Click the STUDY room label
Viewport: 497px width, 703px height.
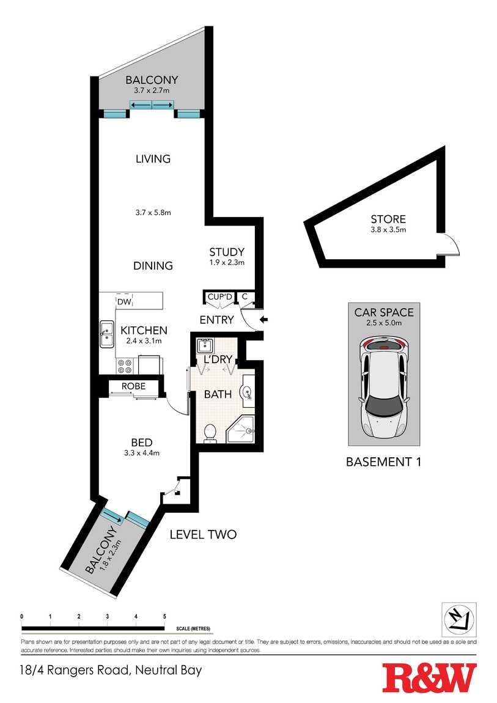(227, 252)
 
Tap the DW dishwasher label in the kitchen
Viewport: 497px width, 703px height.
(124, 302)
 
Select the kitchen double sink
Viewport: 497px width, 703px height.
(106, 334)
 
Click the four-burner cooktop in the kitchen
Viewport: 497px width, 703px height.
(124, 366)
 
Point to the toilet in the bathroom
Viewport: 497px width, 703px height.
(210, 433)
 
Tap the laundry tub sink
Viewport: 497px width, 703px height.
(205, 345)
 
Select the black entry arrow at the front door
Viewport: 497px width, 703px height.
(264, 320)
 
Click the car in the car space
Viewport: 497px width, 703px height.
(385, 388)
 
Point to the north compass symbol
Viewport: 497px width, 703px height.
(459, 619)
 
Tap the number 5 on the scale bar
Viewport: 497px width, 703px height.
(164, 616)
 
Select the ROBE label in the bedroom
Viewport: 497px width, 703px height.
(133, 386)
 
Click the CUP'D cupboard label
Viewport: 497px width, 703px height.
(220, 296)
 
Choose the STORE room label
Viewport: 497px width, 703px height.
(388, 219)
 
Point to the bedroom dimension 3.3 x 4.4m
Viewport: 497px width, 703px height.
(142, 453)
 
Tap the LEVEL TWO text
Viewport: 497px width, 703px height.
(203, 534)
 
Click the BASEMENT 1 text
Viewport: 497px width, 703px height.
(384, 462)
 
